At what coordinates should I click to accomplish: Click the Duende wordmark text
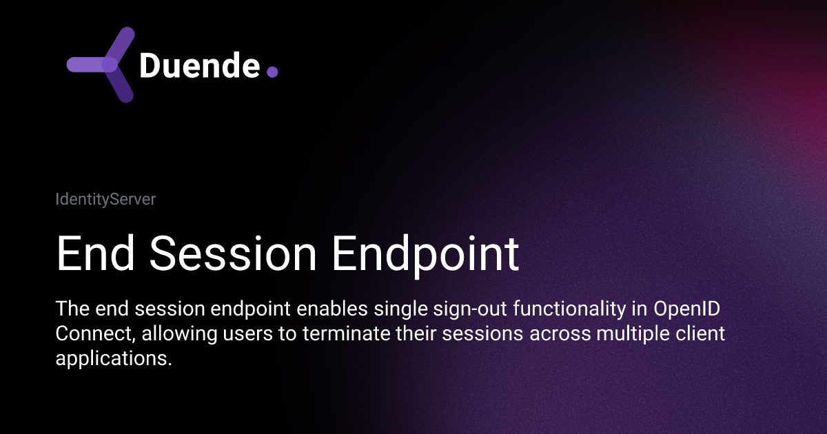(200, 65)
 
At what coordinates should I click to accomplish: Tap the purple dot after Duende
(272, 71)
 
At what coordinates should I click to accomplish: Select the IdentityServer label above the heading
(105, 200)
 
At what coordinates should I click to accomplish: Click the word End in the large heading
(96, 254)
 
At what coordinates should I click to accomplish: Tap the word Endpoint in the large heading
(425, 254)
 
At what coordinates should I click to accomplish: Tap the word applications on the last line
(112, 359)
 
